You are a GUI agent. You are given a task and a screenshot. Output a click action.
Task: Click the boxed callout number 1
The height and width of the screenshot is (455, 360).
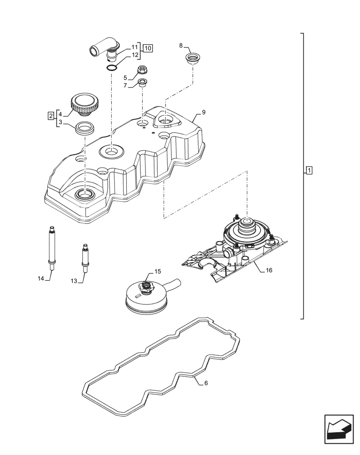click(x=309, y=171)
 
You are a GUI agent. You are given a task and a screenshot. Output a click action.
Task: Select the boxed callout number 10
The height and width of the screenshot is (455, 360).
click(x=148, y=47)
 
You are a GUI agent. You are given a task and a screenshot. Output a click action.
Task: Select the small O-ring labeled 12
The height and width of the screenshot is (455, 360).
click(x=111, y=68)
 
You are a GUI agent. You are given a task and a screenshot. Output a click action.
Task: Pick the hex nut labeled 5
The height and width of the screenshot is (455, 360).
click(x=143, y=70)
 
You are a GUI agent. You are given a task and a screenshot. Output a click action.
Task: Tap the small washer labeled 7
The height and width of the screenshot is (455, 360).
click(x=143, y=83)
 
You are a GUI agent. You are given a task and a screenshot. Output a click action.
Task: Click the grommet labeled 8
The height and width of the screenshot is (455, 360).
click(x=193, y=58)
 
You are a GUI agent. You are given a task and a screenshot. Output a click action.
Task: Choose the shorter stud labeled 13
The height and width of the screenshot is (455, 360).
click(x=84, y=258)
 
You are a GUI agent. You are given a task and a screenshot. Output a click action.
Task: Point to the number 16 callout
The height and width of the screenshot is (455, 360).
click(x=269, y=270)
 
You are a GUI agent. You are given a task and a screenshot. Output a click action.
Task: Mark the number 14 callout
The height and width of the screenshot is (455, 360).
click(x=40, y=279)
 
